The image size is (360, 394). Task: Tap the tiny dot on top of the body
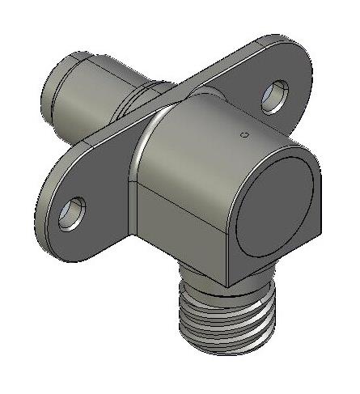pos(240,133)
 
